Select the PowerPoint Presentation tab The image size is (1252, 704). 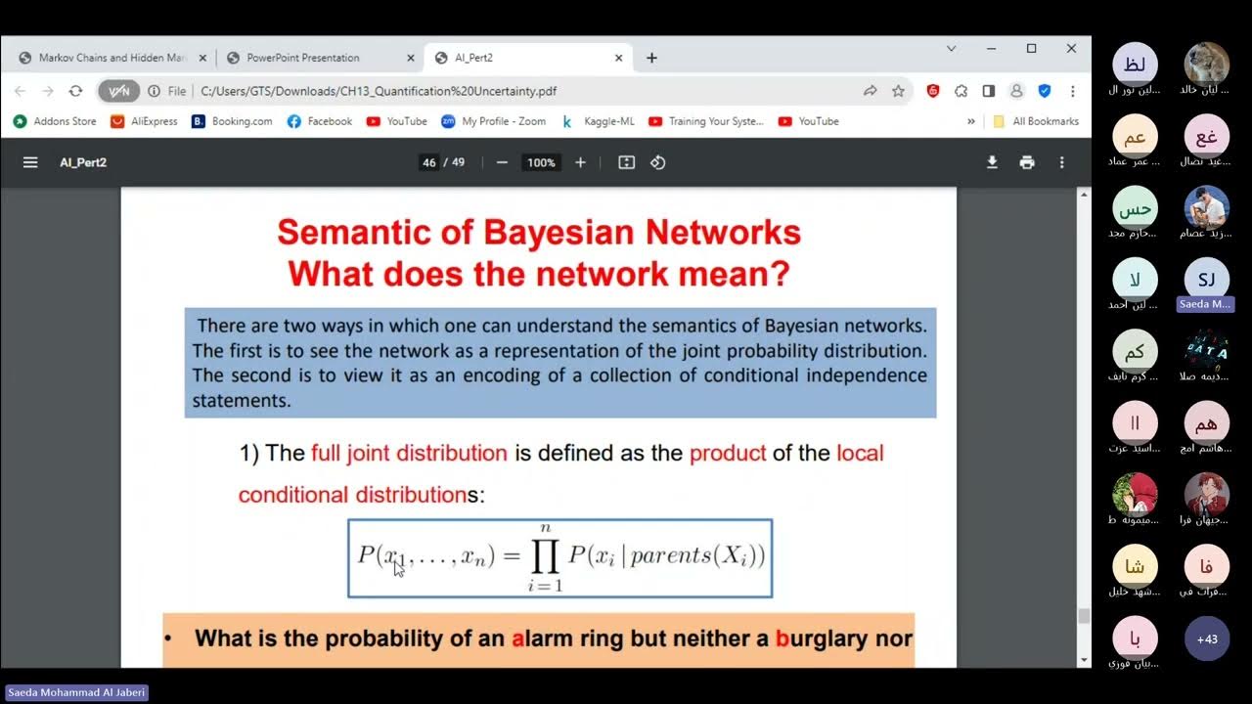click(303, 58)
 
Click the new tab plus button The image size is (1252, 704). click(651, 58)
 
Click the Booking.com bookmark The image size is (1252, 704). click(232, 121)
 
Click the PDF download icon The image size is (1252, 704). click(992, 162)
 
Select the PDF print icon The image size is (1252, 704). click(1026, 162)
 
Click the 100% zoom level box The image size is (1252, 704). click(541, 162)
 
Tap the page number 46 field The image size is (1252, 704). click(428, 162)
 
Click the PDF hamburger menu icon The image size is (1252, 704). click(30, 162)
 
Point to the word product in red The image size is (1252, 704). click(727, 453)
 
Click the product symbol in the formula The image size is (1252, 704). click(545, 556)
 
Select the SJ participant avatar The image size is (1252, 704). click(1206, 280)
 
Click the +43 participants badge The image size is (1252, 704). click(1206, 638)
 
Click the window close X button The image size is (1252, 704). click(1071, 48)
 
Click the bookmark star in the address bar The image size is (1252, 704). click(898, 91)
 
